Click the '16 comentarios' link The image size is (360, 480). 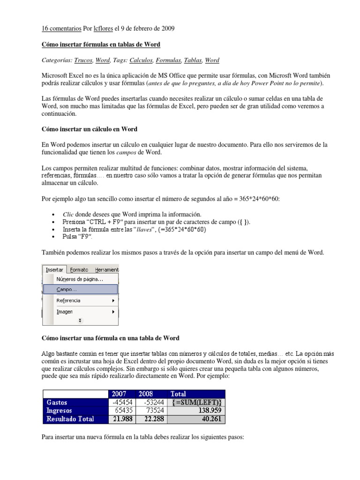pyautogui.click(x=60, y=29)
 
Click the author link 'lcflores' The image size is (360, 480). pyautogui.click(x=103, y=29)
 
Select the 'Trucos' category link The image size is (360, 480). pyautogui.click(x=83, y=60)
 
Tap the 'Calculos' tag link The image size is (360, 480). pyautogui.click(x=141, y=60)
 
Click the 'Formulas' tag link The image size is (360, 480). pyautogui.click(x=168, y=60)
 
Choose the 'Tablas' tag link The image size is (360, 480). pyautogui.click(x=193, y=60)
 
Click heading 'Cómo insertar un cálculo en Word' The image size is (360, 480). pyautogui.click(x=89, y=129)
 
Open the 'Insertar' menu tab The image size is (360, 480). pyautogui.click(x=54, y=270)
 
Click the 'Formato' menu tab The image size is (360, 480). pyautogui.click(x=79, y=270)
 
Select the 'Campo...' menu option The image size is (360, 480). pyautogui.click(x=67, y=290)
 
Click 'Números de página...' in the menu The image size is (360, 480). pyautogui.click(x=80, y=279)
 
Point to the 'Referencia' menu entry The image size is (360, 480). pyautogui.click(x=68, y=300)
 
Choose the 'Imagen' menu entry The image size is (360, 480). pyautogui.click(x=65, y=312)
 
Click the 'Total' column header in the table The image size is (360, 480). pyautogui.click(x=179, y=394)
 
